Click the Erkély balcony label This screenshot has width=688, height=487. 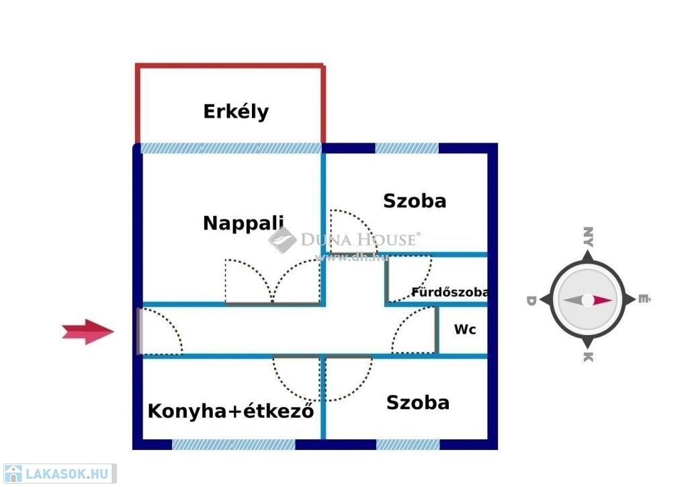[236, 111]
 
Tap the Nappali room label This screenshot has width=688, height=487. [243, 223]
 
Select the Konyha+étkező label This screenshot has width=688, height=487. [230, 410]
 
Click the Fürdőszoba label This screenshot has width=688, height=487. [449, 293]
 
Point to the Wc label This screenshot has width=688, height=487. [465, 330]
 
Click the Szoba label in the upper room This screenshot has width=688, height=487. [415, 200]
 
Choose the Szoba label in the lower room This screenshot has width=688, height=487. [417, 402]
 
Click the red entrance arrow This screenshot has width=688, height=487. [87, 331]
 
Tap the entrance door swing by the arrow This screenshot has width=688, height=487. [161, 331]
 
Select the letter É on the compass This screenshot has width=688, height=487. [643, 300]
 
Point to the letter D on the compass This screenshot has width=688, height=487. [531, 300]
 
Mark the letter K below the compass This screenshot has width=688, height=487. [587, 357]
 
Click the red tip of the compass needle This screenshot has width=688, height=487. [603, 300]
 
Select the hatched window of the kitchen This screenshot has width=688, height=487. [233, 444]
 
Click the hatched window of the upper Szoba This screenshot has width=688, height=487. [406, 148]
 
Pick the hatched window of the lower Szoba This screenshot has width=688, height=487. [408, 444]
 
